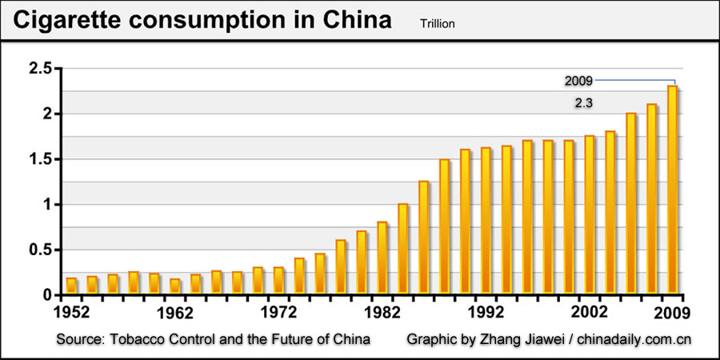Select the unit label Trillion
pos(437,24)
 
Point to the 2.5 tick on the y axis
pos(40,69)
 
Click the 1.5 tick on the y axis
pos(40,159)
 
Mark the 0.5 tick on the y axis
pos(40,250)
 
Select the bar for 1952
pos(71,286)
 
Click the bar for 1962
pos(175,286)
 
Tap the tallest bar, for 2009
pos(673,190)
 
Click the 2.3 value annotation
pos(584,103)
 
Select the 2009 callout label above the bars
pos(578,81)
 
